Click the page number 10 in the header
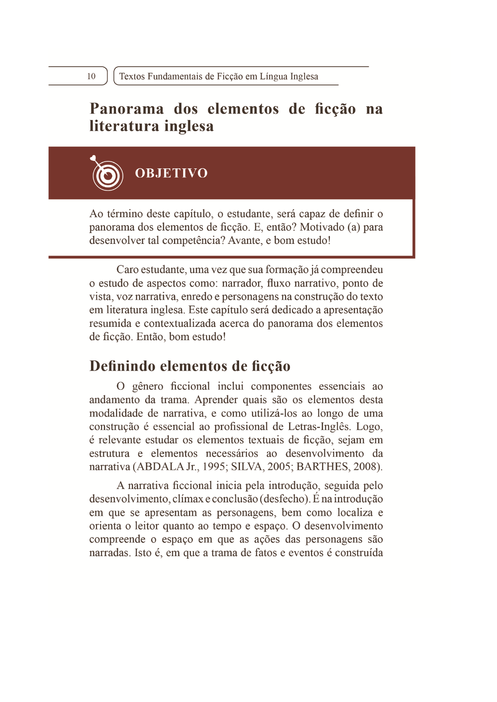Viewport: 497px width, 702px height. coord(91,76)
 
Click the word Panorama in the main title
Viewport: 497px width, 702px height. coord(127,109)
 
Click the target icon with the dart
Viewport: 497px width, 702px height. coord(107,173)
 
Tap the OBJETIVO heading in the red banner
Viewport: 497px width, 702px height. coord(171,173)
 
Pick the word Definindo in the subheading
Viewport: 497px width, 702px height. coord(123,366)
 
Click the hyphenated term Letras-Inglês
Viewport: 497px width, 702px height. coord(319,426)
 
